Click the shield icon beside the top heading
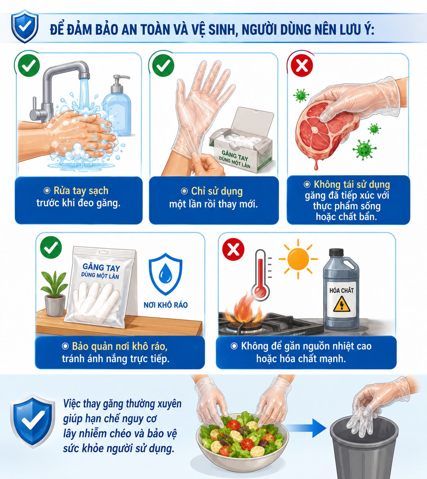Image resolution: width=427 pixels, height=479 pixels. [25, 26]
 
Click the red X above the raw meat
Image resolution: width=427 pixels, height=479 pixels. [302, 66]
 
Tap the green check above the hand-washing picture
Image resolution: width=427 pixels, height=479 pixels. [29, 66]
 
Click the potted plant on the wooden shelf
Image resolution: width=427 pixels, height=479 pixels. [55, 293]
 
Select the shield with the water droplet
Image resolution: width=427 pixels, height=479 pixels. [166, 274]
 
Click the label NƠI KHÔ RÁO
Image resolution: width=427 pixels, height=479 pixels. [166, 305]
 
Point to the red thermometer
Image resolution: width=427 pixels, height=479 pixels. [261, 275]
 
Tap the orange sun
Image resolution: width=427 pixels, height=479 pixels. [298, 259]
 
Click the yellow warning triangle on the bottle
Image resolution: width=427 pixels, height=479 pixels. [341, 304]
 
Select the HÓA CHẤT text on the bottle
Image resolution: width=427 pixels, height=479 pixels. [341, 290]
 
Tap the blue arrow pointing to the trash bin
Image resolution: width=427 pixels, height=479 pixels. [305, 428]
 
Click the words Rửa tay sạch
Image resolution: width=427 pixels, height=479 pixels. [81, 191]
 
